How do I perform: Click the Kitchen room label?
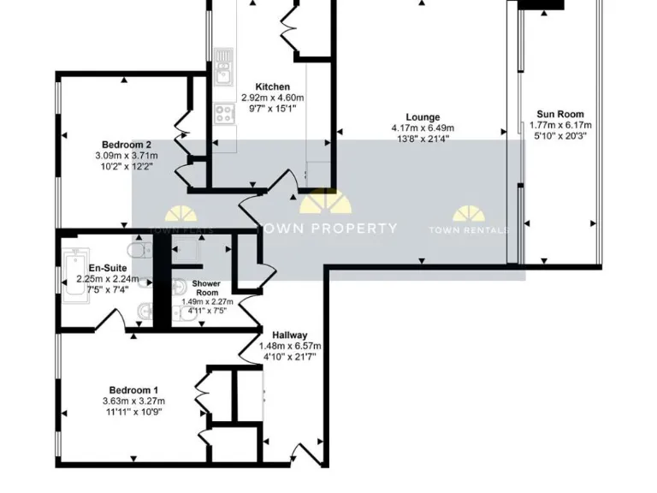273,87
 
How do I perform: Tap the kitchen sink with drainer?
224,64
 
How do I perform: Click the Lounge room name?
423,118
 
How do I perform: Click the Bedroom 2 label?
127,145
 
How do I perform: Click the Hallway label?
290,335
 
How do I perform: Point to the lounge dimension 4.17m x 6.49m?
423,129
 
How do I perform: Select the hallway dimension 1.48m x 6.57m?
290,346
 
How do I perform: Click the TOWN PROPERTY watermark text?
328,229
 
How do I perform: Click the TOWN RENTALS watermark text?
469,229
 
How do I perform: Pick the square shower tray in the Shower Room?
186,252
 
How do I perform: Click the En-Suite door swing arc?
135,321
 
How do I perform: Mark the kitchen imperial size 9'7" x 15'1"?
273,109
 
